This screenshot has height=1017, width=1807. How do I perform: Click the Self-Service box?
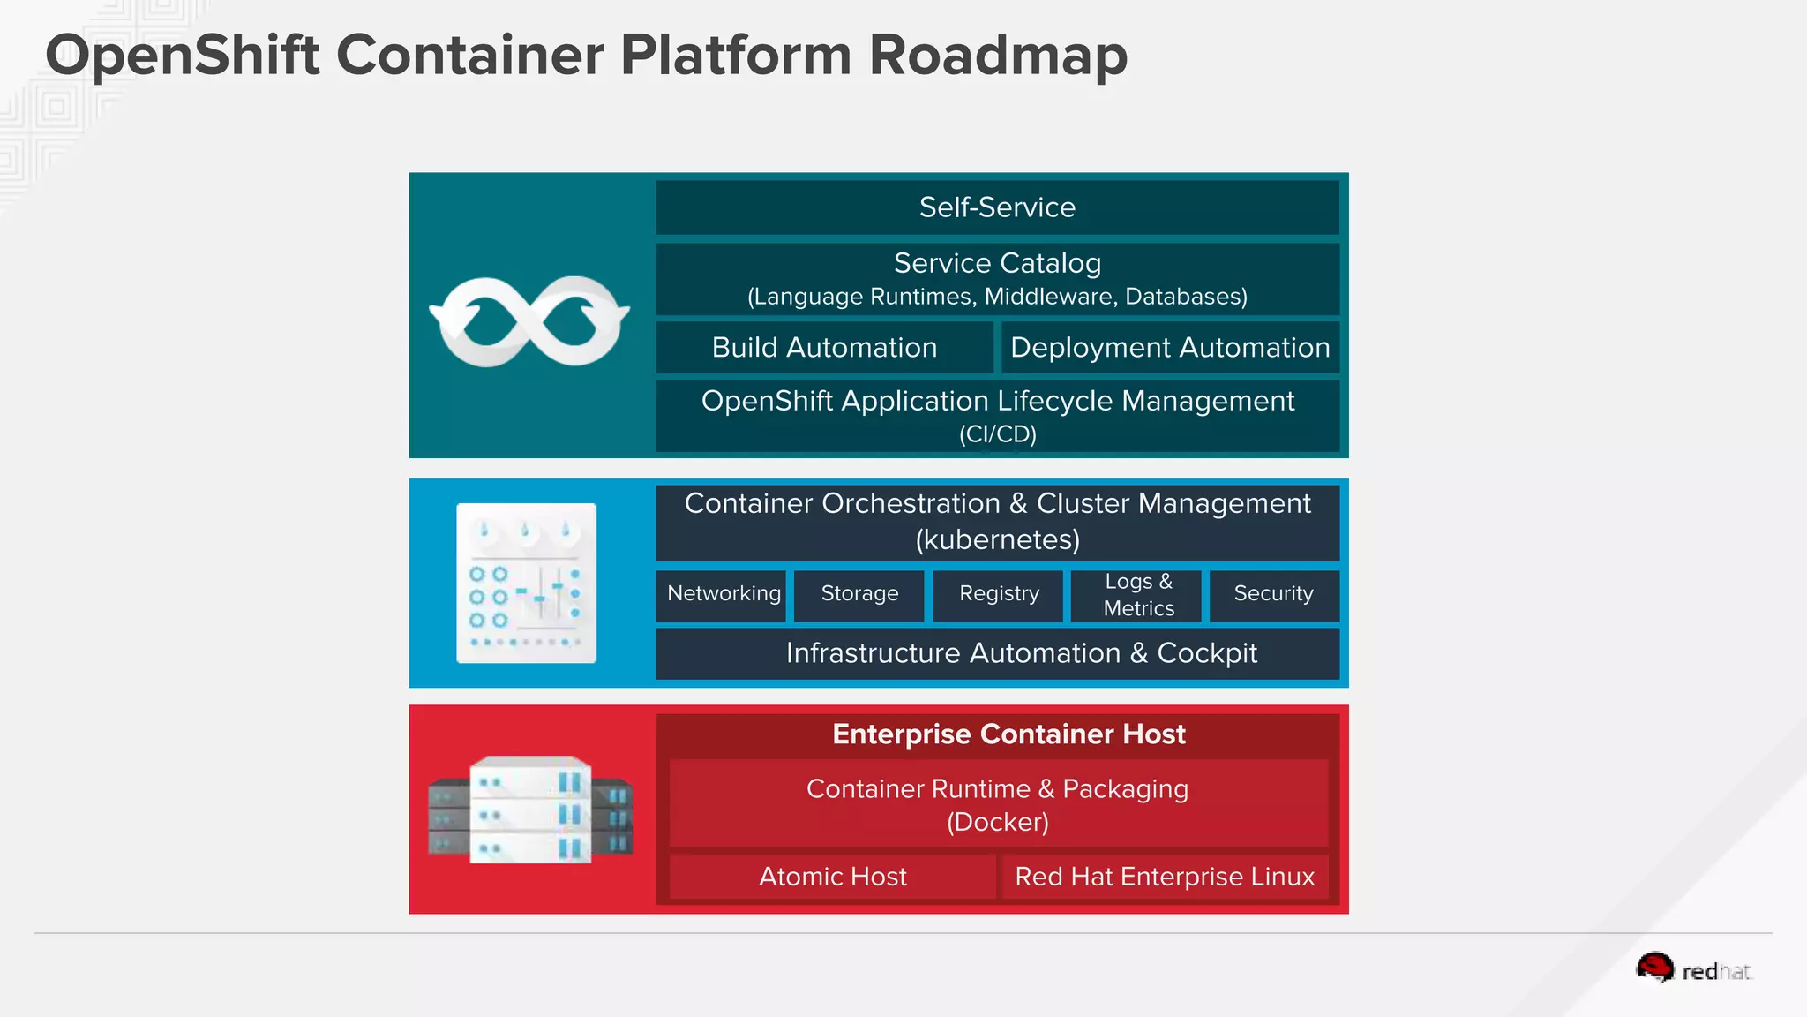click(x=997, y=207)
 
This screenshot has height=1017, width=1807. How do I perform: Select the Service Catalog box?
click(x=997, y=278)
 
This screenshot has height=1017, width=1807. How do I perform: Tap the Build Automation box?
click(x=824, y=347)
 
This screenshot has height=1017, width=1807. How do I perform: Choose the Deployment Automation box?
click(x=1170, y=347)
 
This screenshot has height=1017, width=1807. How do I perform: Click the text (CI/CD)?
click(x=998, y=434)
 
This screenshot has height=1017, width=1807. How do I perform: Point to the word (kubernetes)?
click(x=998, y=539)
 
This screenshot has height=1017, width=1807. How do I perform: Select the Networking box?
click(x=723, y=594)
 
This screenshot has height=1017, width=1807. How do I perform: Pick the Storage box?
click(x=859, y=594)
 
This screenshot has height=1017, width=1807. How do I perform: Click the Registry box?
click(x=999, y=594)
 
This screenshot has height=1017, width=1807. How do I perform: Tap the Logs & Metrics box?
click(x=1138, y=595)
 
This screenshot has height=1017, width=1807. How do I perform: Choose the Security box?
click(x=1273, y=594)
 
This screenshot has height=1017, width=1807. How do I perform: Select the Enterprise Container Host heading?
click(x=1008, y=734)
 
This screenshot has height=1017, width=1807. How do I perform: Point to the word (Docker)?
click(x=998, y=823)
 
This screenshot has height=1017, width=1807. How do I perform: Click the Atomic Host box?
click(x=832, y=877)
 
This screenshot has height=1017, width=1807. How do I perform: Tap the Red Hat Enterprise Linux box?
click(x=1165, y=877)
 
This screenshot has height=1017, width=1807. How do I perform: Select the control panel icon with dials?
click(x=526, y=583)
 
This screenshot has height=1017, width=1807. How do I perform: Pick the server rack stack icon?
click(x=529, y=810)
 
